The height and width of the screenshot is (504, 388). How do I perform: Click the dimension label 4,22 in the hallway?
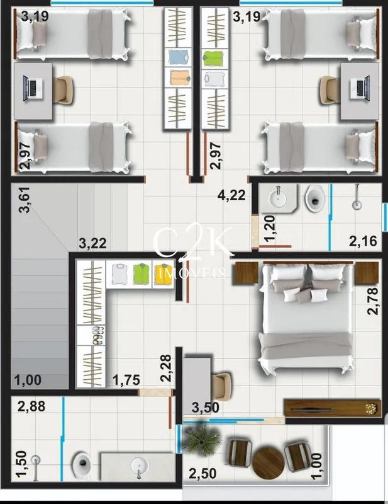coord(231,195)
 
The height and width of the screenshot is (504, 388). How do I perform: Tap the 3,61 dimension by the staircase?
coord(25,200)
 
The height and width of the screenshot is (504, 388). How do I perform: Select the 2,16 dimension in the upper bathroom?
coord(363,241)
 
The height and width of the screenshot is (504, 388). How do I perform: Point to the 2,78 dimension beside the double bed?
coord(374,301)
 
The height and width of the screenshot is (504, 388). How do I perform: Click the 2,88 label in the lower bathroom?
coord(31,406)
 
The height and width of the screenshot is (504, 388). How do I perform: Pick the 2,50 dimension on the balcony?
coord(202,474)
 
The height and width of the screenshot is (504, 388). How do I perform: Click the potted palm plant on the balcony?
coord(201,438)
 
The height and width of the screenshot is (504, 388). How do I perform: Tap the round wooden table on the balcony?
coord(269,463)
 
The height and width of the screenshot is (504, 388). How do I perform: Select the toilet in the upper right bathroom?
coord(315,198)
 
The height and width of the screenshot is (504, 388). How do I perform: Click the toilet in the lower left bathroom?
coord(82,465)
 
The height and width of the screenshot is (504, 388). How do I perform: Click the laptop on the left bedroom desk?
coord(33,88)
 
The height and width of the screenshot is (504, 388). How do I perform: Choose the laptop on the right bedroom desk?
coord(360,88)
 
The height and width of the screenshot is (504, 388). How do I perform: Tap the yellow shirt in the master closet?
coord(162,274)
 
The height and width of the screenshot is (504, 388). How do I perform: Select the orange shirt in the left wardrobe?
coord(180,77)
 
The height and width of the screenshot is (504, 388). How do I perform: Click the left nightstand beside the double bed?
coord(247,273)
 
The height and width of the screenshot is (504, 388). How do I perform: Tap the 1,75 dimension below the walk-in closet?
coord(126,381)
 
